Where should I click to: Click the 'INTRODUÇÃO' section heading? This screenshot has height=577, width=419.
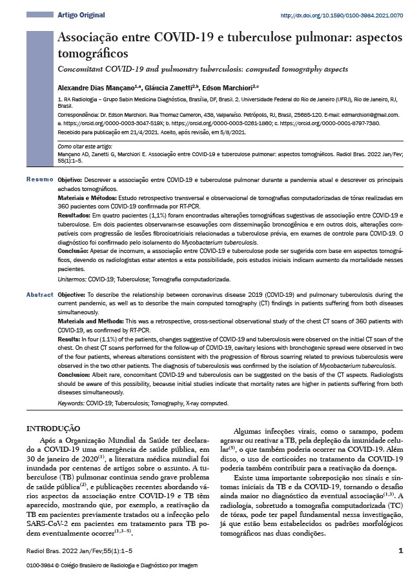(52, 428)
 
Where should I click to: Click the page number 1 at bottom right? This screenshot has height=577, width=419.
(400, 551)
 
